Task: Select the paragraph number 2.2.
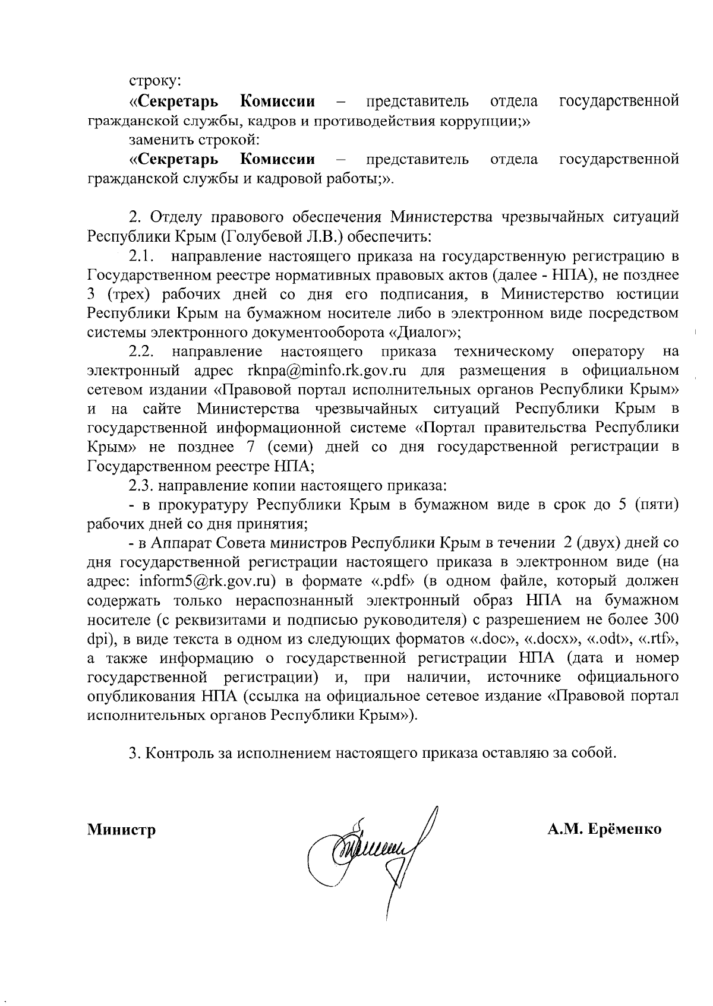pos(142,352)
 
